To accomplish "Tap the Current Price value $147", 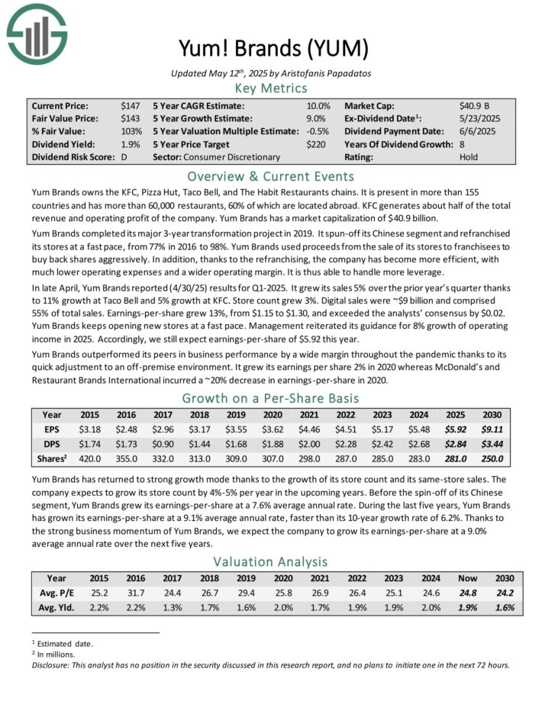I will click(x=130, y=106).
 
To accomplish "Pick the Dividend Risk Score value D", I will click(x=124, y=157).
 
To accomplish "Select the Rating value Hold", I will click(x=469, y=157).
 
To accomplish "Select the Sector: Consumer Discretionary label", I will click(x=216, y=157).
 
